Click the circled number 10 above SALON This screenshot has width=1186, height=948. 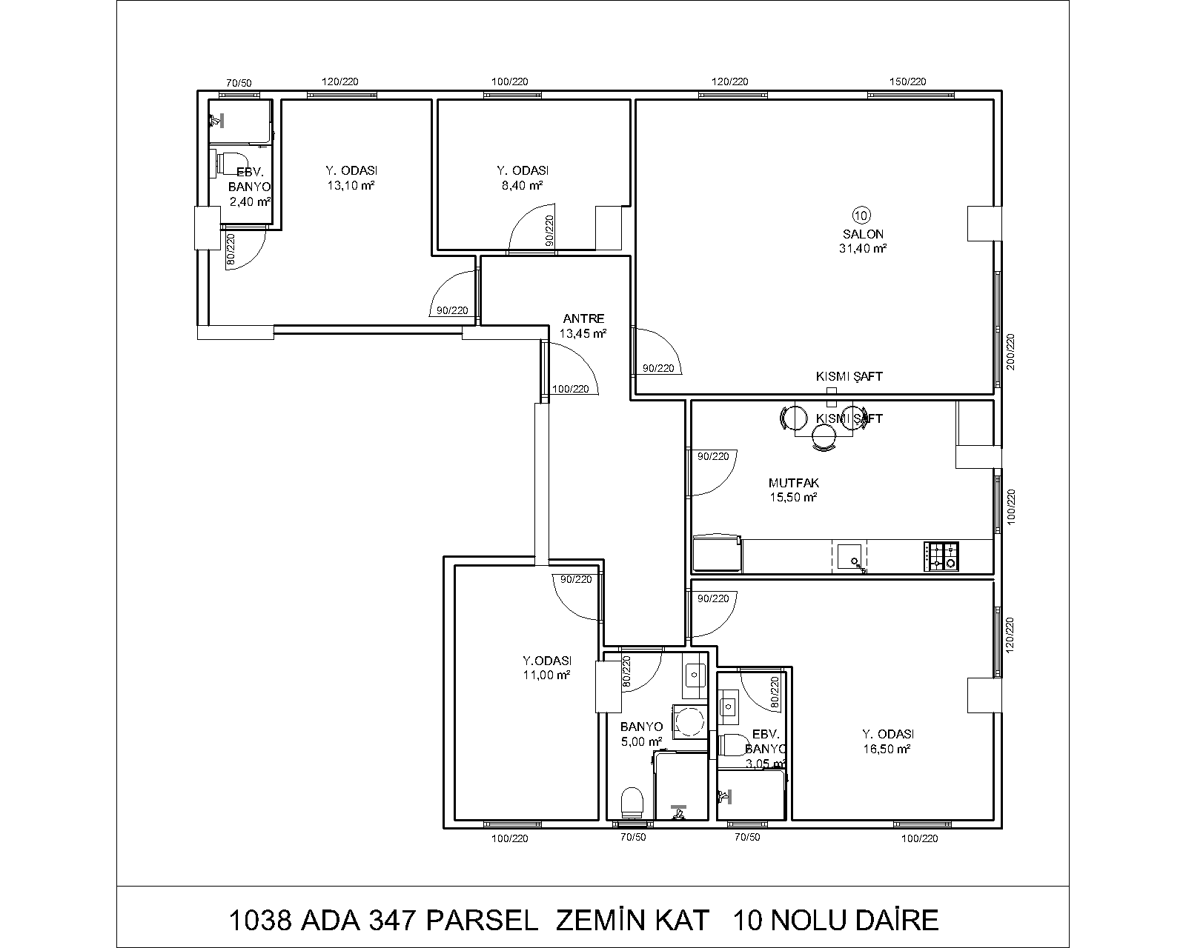point(861,216)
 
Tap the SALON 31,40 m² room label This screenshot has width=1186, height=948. point(863,241)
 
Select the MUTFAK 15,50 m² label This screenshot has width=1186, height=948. point(794,490)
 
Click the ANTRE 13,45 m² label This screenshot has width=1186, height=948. point(583,326)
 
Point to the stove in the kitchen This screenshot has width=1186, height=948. point(941,556)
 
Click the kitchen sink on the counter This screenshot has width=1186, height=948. point(849,557)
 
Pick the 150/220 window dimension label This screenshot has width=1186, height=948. point(908,81)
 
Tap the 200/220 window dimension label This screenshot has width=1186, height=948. point(1010,352)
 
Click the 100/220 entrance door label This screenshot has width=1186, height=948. point(571,389)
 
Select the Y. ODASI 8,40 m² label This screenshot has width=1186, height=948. point(523,178)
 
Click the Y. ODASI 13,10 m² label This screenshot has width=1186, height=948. point(351,178)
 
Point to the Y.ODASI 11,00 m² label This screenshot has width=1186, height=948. point(547,667)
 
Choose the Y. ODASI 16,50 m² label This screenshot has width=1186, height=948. point(887,741)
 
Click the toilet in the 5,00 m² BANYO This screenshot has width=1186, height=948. point(632,803)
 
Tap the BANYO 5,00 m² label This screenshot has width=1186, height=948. point(641,734)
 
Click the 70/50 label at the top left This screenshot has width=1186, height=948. point(239,83)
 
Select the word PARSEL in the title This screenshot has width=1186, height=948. point(482,920)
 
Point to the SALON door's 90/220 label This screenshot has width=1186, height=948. point(658,368)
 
